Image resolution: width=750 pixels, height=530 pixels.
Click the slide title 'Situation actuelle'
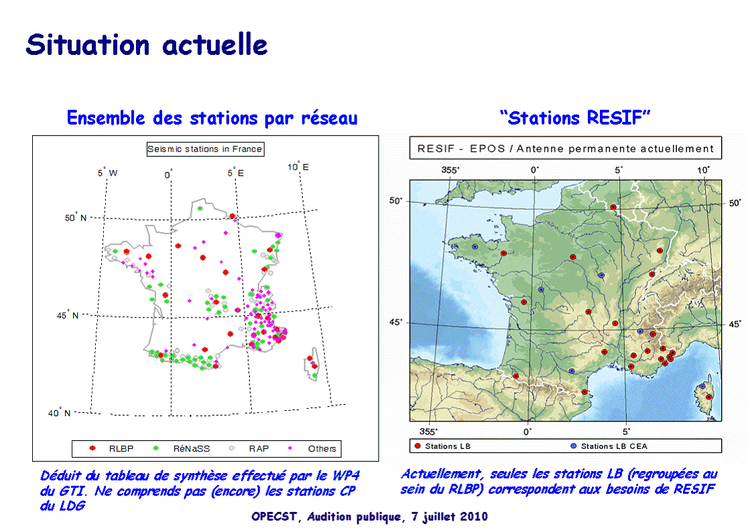[146, 46]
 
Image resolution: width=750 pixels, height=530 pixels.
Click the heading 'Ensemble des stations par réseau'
[212, 118]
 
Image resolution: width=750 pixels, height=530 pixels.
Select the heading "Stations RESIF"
[575, 118]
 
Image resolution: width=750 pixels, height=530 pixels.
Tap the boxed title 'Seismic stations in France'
[205, 149]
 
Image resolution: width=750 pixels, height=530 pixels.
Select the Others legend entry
[312, 449]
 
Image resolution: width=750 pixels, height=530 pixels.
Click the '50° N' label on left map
[76, 218]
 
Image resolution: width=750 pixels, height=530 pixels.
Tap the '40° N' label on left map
[59, 413]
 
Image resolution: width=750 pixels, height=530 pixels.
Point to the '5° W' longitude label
[108, 173]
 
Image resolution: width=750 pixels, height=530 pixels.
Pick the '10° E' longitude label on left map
[298, 166]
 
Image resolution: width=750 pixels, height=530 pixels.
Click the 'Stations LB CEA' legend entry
[609, 446]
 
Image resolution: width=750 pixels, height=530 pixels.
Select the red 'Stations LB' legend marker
[418, 446]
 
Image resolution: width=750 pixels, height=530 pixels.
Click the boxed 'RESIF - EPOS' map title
[566, 148]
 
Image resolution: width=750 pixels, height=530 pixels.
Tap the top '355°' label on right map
[450, 170]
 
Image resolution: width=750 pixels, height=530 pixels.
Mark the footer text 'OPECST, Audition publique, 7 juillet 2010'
[370, 517]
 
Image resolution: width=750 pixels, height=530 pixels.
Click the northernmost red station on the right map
[613, 207]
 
